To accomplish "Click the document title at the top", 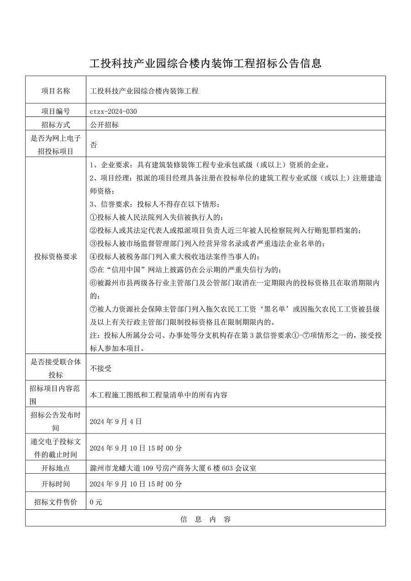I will click(x=205, y=63).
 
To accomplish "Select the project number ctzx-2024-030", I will click(x=114, y=111).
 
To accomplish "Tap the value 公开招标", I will click(x=105, y=125).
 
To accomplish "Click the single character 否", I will click(x=94, y=145).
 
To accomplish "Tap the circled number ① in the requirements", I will click(x=94, y=217).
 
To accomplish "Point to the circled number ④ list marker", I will click(x=94, y=257).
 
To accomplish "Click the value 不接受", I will click(x=101, y=368).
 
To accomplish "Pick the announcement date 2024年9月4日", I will click(x=116, y=421).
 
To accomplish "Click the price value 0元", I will click(x=96, y=502).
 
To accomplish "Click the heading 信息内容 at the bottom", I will click(x=205, y=519).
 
